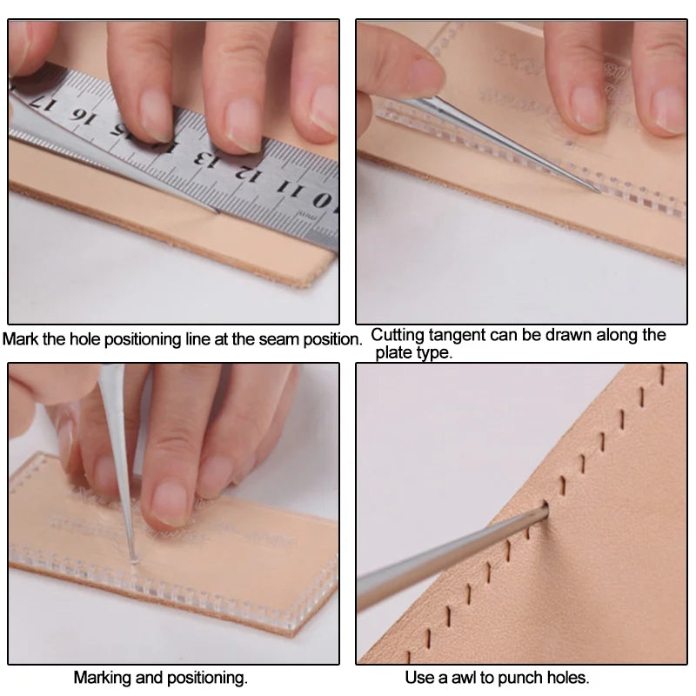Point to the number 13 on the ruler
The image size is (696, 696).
click(206, 160)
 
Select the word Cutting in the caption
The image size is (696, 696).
click(397, 335)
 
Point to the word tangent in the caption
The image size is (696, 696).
click(458, 335)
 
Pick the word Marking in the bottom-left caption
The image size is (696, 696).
click(102, 677)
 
